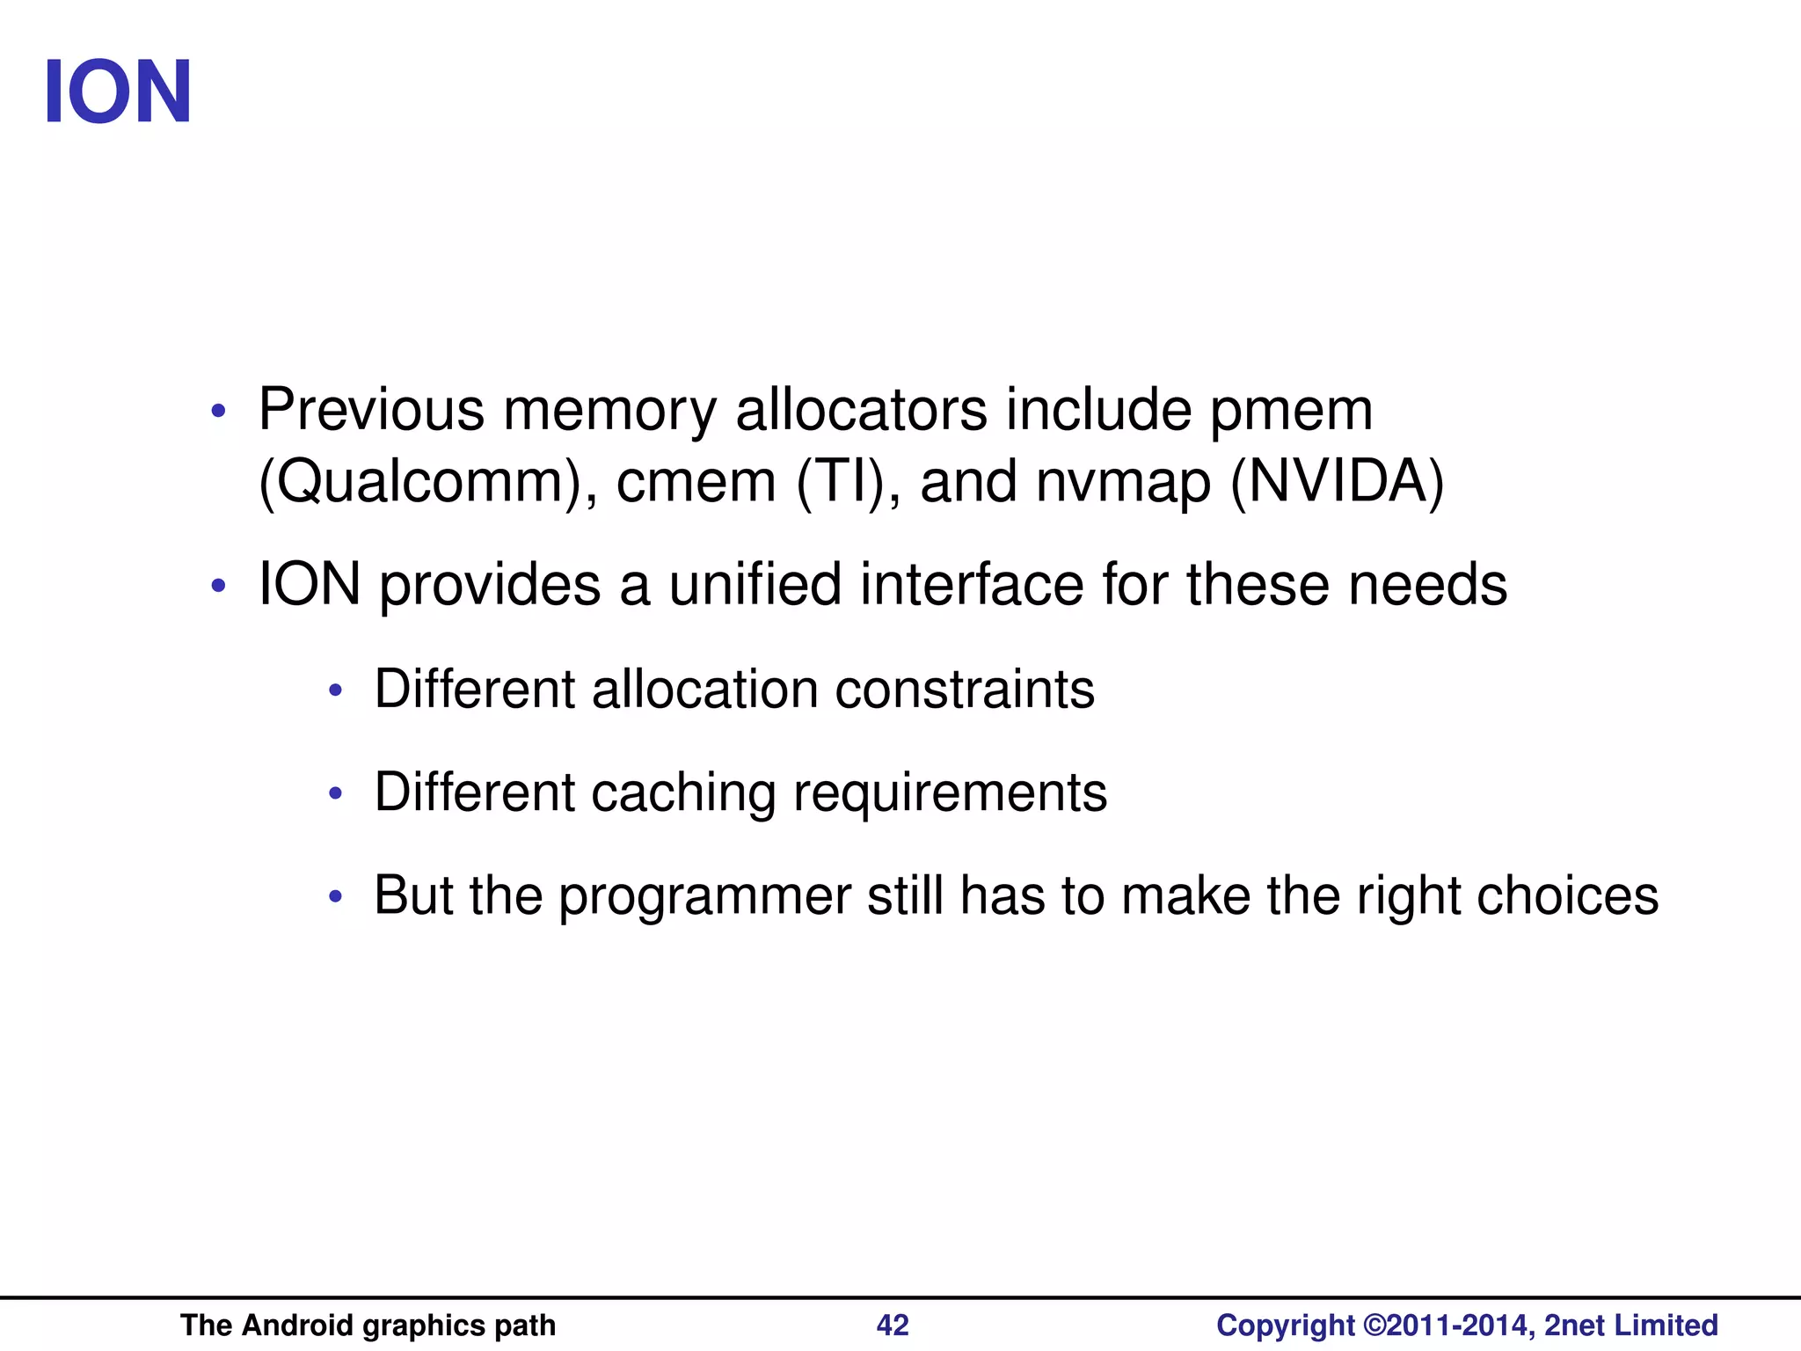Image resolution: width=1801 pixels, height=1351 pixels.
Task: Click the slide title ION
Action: [x=117, y=92]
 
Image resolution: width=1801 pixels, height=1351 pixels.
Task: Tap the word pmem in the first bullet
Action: [x=1290, y=411]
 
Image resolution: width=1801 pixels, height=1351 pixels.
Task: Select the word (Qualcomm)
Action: [x=419, y=482]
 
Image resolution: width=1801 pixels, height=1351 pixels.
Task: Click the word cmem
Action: [x=696, y=482]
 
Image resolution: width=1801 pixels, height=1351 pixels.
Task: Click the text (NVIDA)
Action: [x=1337, y=482]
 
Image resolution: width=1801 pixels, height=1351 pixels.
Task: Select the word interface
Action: [x=972, y=585]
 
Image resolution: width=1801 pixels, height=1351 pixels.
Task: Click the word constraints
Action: [x=964, y=689]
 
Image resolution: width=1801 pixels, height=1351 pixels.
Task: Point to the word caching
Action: [x=683, y=792]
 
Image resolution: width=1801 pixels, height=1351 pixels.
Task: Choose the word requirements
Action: [x=950, y=792]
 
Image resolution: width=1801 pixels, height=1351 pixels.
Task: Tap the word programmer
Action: [x=704, y=896]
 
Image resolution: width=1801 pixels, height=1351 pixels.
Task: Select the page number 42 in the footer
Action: [x=893, y=1325]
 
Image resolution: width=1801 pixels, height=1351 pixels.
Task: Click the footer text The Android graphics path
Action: [x=368, y=1325]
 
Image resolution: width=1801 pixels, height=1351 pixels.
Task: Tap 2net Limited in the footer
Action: [x=1631, y=1325]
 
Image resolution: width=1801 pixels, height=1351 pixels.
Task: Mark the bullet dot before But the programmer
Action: [x=335, y=897]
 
